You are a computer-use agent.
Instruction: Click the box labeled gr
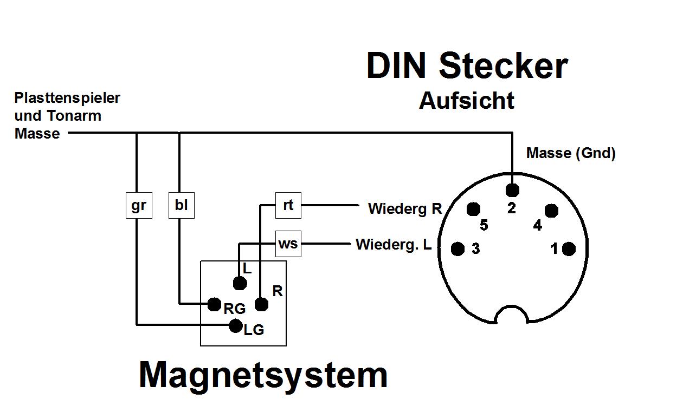[x=139, y=206]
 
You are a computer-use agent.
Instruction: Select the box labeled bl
[x=181, y=206]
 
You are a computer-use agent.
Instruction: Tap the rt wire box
[x=288, y=205]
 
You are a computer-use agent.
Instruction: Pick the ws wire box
[x=288, y=244]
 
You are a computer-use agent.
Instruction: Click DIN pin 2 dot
[x=512, y=190]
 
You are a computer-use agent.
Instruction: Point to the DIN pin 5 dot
[x=474, y=209]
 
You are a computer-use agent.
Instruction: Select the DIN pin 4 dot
[x=551, y=211]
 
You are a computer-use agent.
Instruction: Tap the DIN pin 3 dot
[x=458, y=249]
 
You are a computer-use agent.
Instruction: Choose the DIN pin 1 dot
[x=569, y=249]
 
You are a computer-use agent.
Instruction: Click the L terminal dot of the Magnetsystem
[x=240, y=283]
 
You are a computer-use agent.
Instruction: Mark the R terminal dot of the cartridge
[x=261, y=304]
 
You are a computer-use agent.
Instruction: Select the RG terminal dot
[x=215, y=304]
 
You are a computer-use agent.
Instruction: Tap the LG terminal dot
[x=236, y=325]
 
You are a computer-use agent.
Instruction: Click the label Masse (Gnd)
[x=571, y=153]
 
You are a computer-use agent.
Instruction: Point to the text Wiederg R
[x=405, y=208]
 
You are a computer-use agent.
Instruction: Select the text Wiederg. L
[x=394, y=245]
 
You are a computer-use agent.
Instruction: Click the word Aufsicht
[x=467, y=101]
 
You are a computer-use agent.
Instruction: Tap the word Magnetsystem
[x=263, y=375]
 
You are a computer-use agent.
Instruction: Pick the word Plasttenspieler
[x=67, y=98]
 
